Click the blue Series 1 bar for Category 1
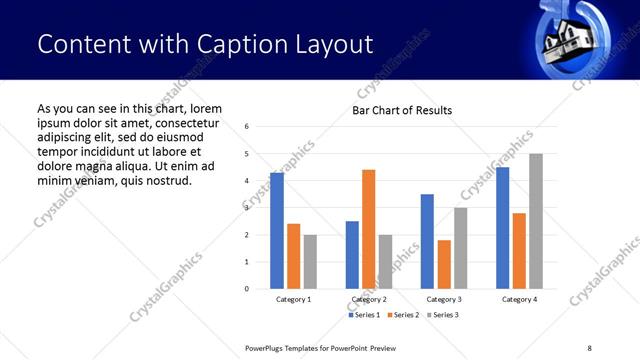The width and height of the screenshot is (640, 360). click(277, 231)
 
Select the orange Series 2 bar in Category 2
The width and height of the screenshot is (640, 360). click(368, 229)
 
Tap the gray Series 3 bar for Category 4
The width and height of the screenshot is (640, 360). click(536, 221)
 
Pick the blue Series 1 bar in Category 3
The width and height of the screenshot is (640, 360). click(427, 241)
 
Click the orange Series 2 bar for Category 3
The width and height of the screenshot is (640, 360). click(444, 264)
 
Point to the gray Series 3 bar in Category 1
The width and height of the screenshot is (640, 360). click(310, 262)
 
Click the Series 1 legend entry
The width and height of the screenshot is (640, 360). click(364, 315)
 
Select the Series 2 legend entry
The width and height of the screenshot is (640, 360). click(401, 315)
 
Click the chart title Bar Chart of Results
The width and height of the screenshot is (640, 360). click(402, 110)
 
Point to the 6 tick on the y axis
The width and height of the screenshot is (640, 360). click(246, 127)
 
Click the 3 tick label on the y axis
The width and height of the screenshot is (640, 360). click(246, 208)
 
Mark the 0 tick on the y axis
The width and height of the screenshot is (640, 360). click(246, 289)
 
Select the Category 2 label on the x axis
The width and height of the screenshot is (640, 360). click(370, 299)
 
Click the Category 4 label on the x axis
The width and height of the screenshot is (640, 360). click(519, 299)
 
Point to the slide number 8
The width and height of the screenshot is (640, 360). click(589, 346)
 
